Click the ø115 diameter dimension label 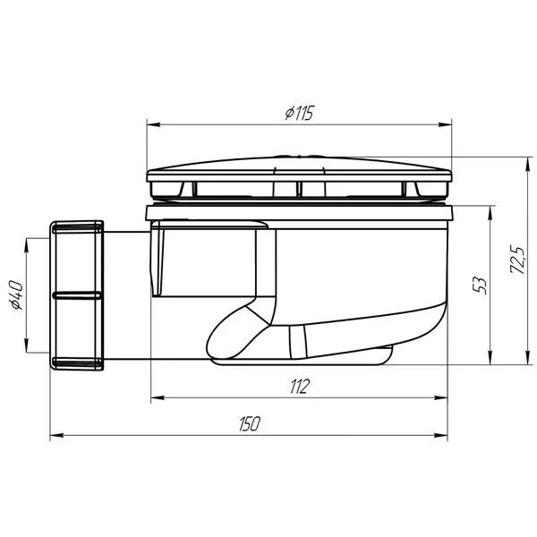pos(299,113)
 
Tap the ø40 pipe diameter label pos(16,294)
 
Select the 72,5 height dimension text pos(517,260)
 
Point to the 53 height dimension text pos(480,286)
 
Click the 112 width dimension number pos(300,387)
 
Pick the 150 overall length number pos(250,423)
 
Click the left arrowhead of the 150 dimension pos(57,435)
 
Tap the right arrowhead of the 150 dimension pos(440,435)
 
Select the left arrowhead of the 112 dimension pos(158,397)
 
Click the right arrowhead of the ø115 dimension pos(445,124)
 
